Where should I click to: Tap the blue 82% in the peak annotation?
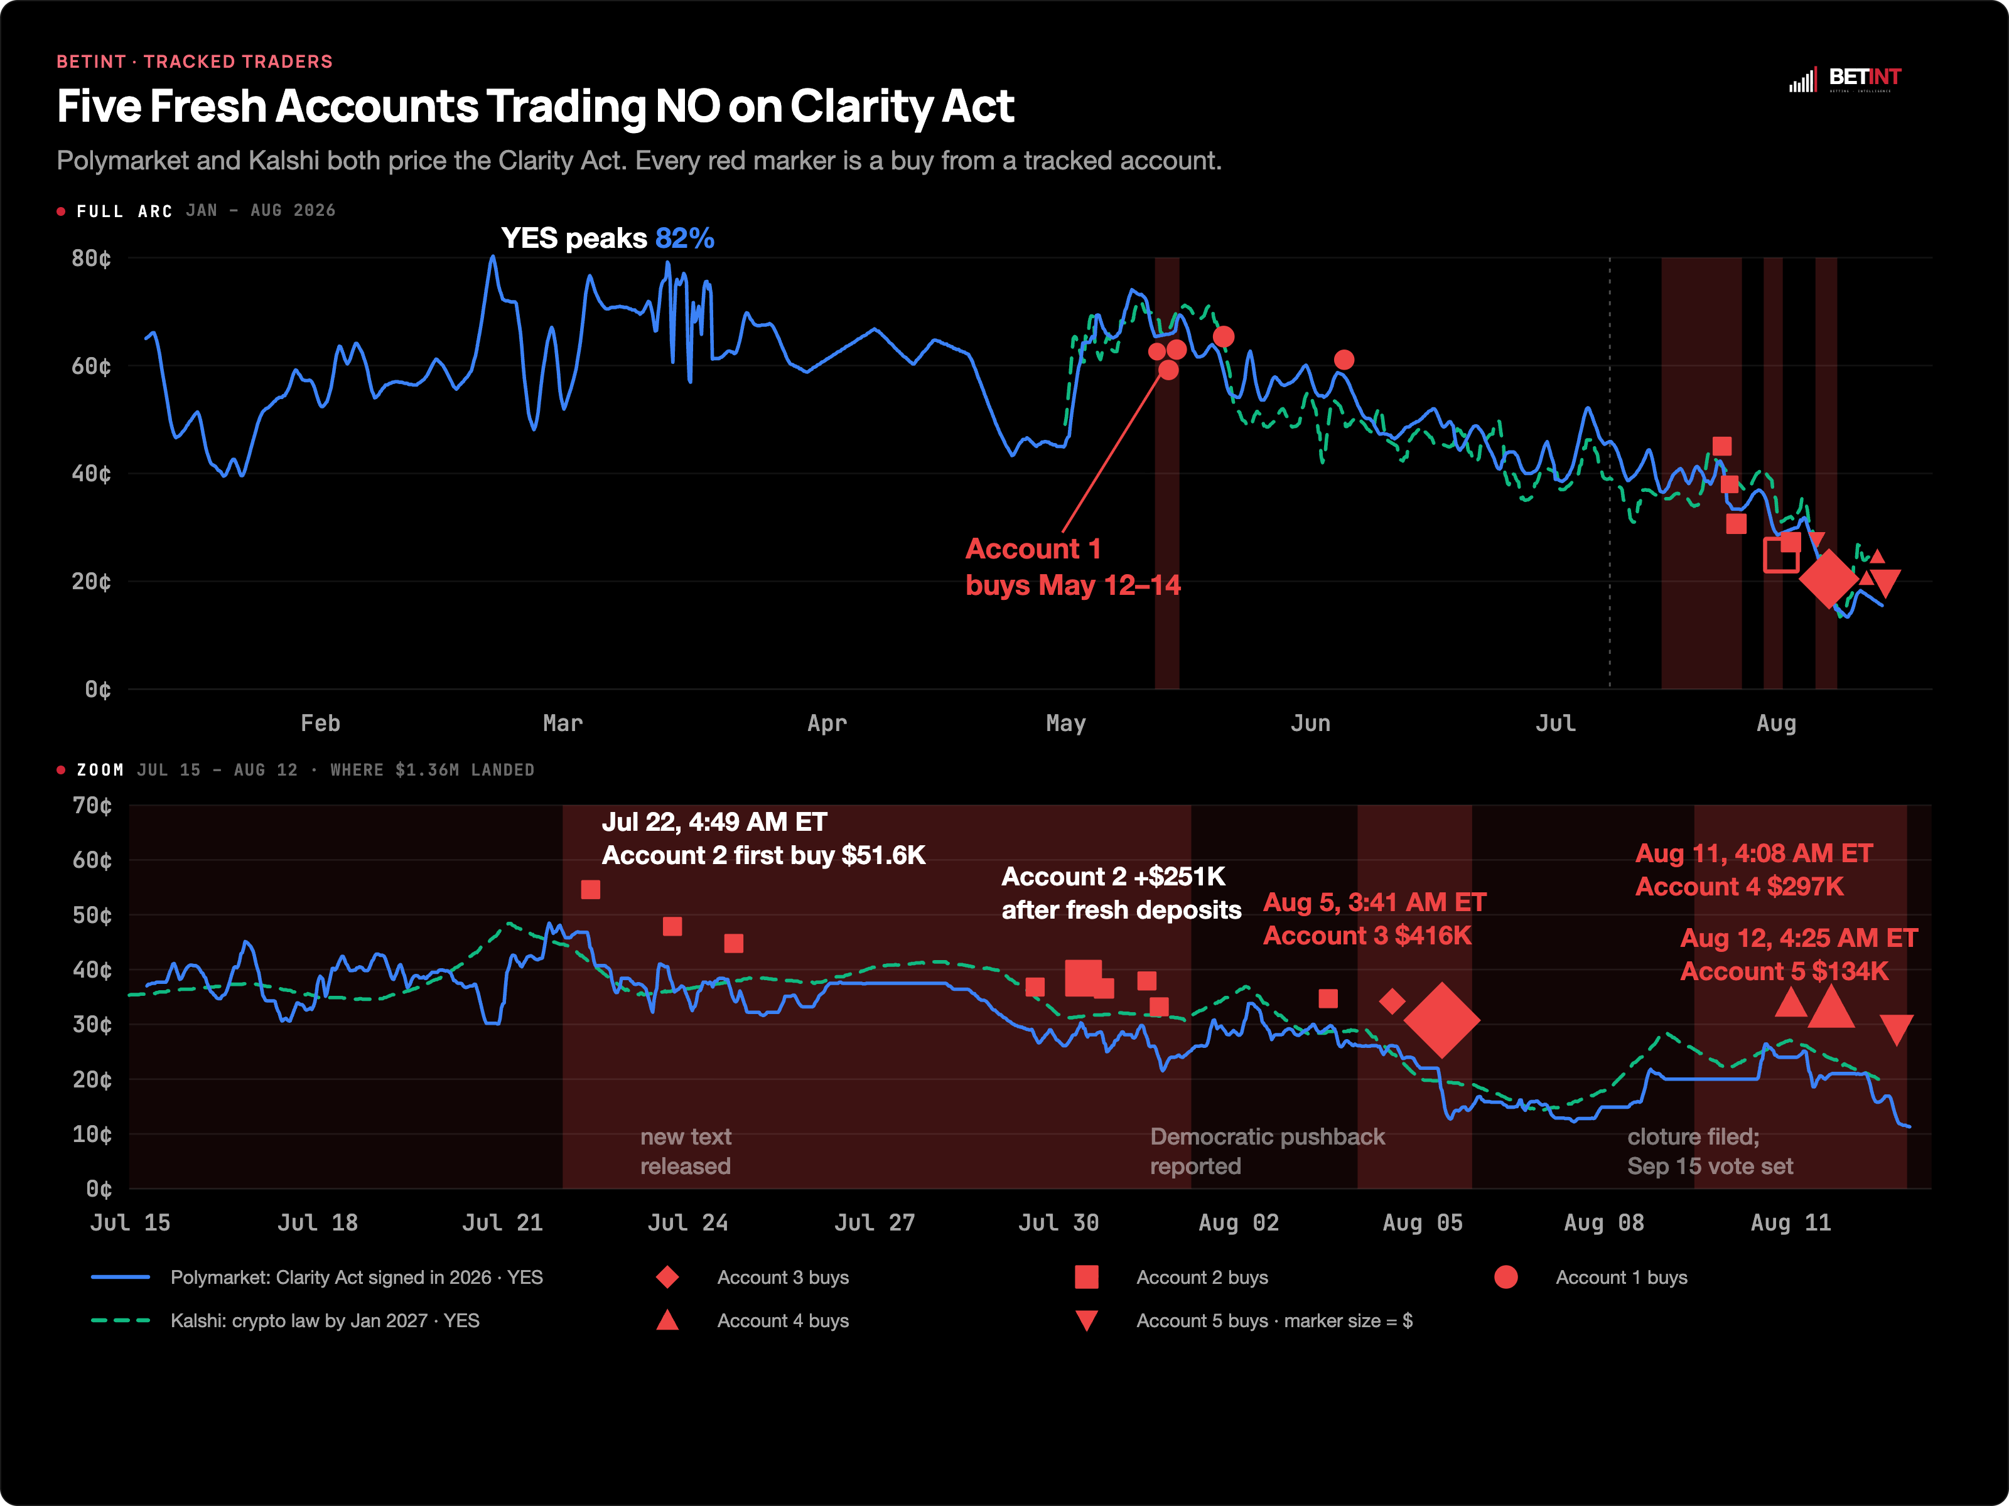pyautogui.click(x=685, y=238)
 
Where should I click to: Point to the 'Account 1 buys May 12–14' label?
pyautogui.click(x=1072, y=567)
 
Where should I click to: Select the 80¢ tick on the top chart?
pyautogui.click(x=92, y=259)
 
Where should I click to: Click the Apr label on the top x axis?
pyautogui.click(x=826, y=724)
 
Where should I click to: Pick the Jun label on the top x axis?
pyautogui.click(x=1311, y=724)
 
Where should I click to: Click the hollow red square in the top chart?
pyautogui.click(x=1780, y=555)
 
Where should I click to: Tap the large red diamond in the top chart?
pyautogui.click(x=1828, y=579)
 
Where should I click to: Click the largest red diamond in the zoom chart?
pyautogui.click(x=1441, y=1020)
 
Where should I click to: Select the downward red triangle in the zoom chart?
pyautogui.click(x=1897, y=1030)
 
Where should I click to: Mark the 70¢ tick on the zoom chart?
pyautogui.click(x=93, y=806)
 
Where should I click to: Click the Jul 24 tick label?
pyautogui.click(x=687, y=1223)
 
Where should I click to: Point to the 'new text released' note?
pyautogui.click(x=686, y=1151)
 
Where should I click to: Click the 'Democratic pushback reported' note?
pyautogui.click(x=1267, y=1151)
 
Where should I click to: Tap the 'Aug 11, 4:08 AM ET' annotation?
pyautogui.click(x=1753, y=853)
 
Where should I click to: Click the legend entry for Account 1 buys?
pyautogui.click(x=1590, y=1277)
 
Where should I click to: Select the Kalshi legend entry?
pyautogui.click(x=285, y=1321)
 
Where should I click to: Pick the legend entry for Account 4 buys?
pyautogui.click(x=752, y=1321)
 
